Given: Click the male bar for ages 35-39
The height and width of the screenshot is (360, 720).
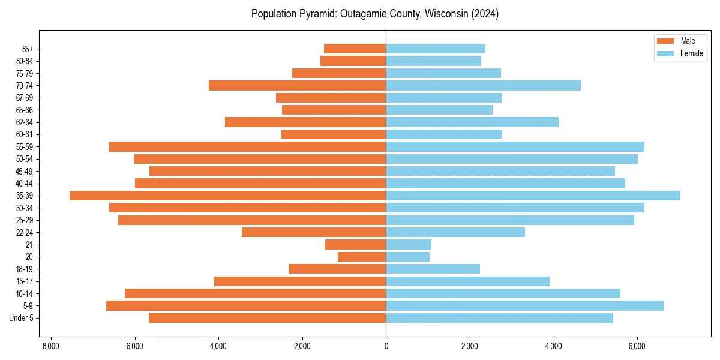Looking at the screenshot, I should [x=228, y=196].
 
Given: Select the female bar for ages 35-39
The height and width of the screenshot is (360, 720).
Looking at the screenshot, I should [x=533, y=196].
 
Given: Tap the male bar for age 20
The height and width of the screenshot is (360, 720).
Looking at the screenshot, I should [x=362, y=257].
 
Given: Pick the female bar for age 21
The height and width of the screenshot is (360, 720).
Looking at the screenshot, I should [x=409, y=244].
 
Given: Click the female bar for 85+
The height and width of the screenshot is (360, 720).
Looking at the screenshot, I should [x=436, y=49].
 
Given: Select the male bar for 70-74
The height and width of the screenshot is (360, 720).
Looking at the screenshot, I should [x=297, y=85].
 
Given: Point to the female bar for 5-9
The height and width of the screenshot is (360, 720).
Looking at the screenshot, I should [x=524, y=305].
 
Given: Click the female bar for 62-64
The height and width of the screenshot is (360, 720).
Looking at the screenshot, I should [x=472, y=122].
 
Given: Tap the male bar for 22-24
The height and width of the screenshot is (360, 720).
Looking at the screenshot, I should [x=314, y=232].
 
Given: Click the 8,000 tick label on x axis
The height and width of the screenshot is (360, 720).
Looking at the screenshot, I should [x=51, y=346].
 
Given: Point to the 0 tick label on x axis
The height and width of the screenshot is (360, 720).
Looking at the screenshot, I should [x=386, y=346].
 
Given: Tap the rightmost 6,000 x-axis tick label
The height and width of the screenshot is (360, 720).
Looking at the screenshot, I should [x=637, y=346].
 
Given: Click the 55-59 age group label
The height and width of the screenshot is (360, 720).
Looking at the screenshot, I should [x=25, y=146].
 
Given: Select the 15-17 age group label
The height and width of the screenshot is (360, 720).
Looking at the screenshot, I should [x=25, y=281].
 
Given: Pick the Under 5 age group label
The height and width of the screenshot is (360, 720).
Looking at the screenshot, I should [x=22, y=318].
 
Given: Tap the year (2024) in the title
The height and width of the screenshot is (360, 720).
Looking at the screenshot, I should [x=485, y=14].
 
